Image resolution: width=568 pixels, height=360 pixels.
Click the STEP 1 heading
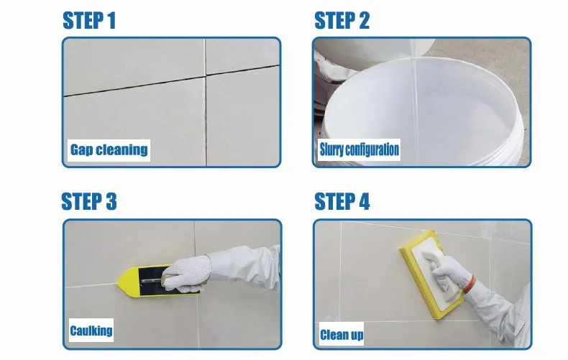(x=89, y=20)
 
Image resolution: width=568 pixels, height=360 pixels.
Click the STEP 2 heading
(x=342, y=20)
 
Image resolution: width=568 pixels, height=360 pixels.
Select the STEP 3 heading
(x=89, y=201)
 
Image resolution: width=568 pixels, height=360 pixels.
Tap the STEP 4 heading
(x=342, y=201)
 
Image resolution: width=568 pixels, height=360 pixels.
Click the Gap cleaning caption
(x=109, y=150)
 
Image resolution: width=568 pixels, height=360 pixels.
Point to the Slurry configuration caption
(x=359, y=149)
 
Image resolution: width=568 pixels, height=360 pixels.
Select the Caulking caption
(x=91, y=331)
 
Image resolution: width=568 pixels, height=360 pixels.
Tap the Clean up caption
(x=342, y=335)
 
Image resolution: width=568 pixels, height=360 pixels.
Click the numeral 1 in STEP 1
(x=111, y=20)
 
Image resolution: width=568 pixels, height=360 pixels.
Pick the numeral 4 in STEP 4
(x=364, y=201)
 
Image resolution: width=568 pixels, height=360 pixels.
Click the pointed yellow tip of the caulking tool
(x=116, y=283)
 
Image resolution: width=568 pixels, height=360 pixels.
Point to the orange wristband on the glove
(x=469, y=283)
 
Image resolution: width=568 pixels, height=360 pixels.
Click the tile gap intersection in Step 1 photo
(x=206, y=76)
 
